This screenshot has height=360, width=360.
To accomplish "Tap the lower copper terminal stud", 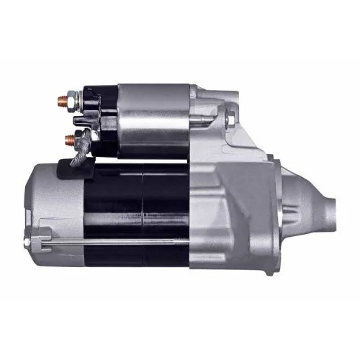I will coord(68,136).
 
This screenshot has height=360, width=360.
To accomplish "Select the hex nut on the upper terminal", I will coord(74,95).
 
